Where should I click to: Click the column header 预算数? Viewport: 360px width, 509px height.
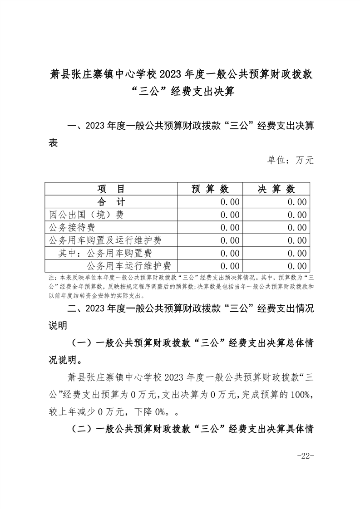pyautogui.click(x=210, y=189)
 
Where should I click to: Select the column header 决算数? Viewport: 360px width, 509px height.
pyautogui.click(x=276, y=189)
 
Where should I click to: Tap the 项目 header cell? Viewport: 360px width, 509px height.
pyautogui.click(x=111, y=189)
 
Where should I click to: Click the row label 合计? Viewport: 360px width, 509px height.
pyautogui.click(x=111, y=202)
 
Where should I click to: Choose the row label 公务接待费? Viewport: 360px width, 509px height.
pyautogui.click(x=72, y=227)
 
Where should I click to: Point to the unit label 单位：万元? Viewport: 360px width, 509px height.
pyautogui.click(x=290, y=160)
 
